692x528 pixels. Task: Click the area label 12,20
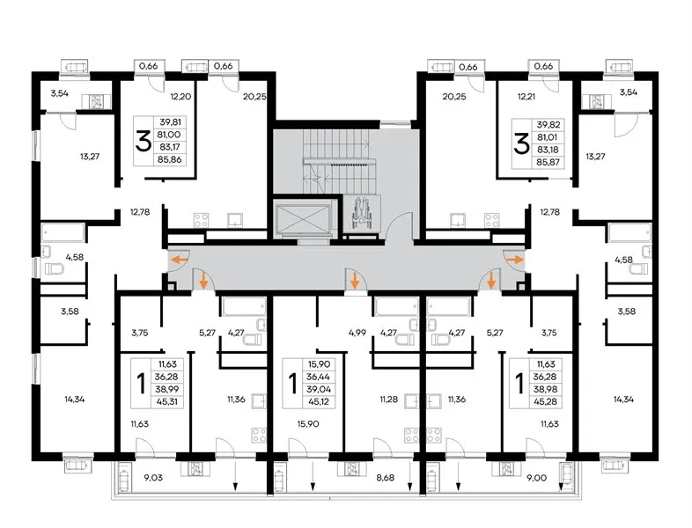181,96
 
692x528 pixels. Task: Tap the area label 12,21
526,96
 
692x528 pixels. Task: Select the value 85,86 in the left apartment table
170,159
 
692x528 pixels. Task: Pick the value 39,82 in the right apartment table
548,124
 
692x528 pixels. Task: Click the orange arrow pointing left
179,260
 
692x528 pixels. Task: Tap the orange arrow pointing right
513,260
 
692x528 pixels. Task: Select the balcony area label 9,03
153,477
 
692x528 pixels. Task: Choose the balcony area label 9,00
537,477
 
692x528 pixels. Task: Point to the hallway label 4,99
357,333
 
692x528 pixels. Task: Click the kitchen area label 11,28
389,400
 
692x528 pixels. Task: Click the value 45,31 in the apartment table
166,402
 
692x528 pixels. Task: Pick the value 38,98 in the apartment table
548,390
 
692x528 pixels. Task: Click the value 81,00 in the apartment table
170,135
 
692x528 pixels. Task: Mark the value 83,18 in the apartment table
548,150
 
